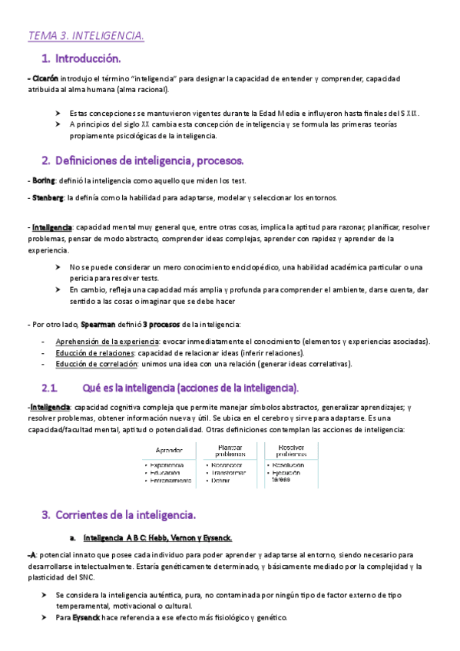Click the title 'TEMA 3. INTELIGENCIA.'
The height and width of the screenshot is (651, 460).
coord(86,35)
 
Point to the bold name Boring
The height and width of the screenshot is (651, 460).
coord(45,180)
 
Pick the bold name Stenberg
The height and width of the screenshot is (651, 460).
coord(48,198)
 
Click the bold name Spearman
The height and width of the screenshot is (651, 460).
coord(98,324)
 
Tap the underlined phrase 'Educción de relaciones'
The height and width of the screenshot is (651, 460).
coord(95,352)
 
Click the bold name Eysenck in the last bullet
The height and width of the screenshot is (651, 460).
coord(87,618)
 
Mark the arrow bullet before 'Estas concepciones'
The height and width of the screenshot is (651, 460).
coord(58,113)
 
